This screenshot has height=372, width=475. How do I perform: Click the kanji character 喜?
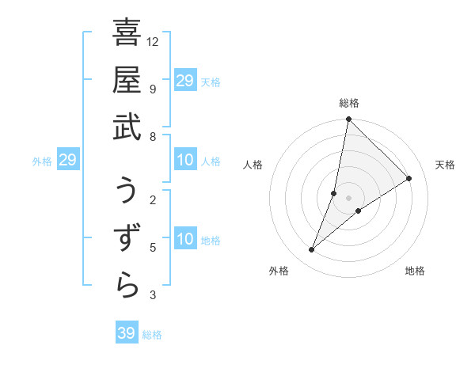click(x=127, y=34)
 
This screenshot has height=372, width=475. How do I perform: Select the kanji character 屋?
click(x=127, y=80)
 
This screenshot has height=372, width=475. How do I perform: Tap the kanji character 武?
click(x=127, y=126)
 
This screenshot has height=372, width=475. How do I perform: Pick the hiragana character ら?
click(x=127, y=286)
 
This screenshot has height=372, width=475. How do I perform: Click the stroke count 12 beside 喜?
click(x=153, y=41)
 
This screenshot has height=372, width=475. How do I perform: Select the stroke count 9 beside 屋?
click(x=153, y=89)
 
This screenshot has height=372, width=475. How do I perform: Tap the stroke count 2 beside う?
click(x=153, y=199)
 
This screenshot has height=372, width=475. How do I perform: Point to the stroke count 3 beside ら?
click(x=153, y=295)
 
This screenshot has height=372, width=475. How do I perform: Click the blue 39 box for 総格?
click(x=126, y=333)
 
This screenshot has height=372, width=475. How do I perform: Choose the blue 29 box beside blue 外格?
click(x=67, y=161)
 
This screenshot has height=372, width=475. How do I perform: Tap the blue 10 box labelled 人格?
click(x=184, y=161)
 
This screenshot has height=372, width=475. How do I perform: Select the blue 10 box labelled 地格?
click(x=184, y=240)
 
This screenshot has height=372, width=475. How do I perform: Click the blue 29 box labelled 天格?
click(x=184, y=81)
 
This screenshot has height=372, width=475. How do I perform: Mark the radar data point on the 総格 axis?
click(x=348, y=120)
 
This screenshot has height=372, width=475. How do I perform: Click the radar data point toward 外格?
click(x=312, y=250)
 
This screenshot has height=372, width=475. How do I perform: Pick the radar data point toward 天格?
click(x=409, y=179)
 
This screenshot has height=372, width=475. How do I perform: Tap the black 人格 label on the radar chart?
click(x=253, y=165)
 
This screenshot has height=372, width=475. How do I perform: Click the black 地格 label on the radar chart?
click(x=415, y=271)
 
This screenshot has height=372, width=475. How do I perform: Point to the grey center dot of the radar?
click(x=348, y=198)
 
